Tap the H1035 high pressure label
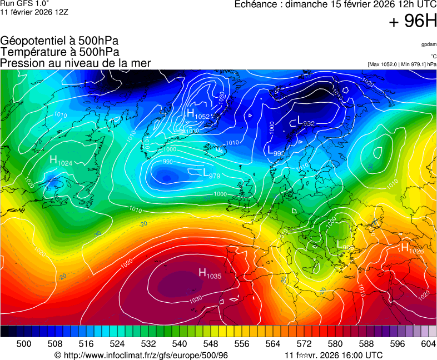click(x=210, y=273)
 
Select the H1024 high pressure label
click(x=61, y=161)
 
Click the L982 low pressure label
click(x=306, y=121)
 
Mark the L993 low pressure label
click(x=276, y=151)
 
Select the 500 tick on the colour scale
click(x=23, y=344)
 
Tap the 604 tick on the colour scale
click(x=428, y=344)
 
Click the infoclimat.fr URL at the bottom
click(x=142, y=355)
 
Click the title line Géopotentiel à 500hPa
click(x=59, y=41)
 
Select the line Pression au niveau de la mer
click(x=76, y=63)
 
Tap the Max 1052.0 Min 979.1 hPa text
click(x=402, y=64)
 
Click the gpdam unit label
click(x=429, y=44)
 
